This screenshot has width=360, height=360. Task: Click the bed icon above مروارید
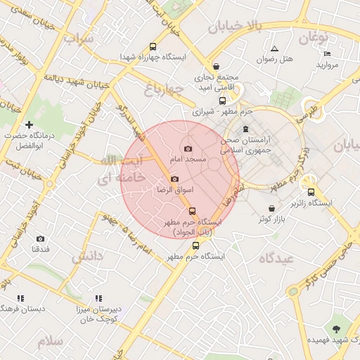coord(327,54)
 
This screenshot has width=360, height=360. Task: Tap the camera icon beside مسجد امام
coord(188,148)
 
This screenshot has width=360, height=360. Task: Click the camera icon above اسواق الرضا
coord(174,179)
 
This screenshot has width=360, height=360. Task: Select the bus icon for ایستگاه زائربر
coord(311,191)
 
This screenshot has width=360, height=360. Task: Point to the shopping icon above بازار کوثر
coord(268,207)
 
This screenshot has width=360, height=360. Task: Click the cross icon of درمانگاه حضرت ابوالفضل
coord(29,124)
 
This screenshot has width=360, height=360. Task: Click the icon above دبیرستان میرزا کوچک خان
coord(98,298)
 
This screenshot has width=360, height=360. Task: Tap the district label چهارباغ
coord(164,89)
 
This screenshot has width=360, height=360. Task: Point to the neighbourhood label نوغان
coord(314,37)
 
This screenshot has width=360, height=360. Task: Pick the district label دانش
coord(86,256)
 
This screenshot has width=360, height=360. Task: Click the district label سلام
coord(51,341)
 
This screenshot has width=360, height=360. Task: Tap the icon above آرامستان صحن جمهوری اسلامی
coord(245,129)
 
